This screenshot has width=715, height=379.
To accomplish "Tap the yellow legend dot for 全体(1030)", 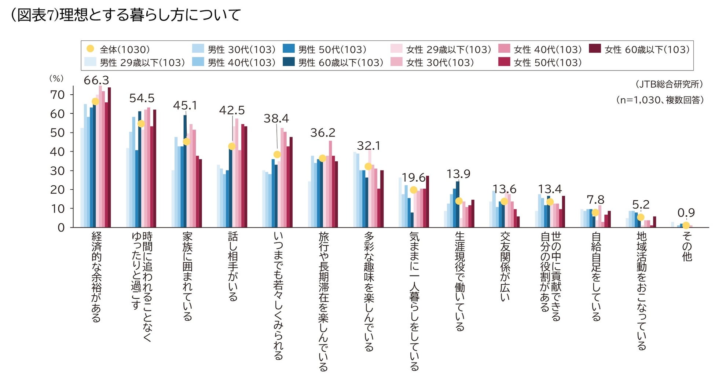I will pos(90,49).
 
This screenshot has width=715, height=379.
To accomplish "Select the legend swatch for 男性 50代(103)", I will pos(289,49).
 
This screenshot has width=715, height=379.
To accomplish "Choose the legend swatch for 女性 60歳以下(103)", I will pos(595,49).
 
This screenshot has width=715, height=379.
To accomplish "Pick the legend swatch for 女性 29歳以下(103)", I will pos(396,49).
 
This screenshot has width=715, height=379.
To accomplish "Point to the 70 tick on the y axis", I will pos(57,95).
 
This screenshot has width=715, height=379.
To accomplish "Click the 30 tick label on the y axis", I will pos(57,171).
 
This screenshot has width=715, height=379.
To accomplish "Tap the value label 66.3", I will pos(96,80).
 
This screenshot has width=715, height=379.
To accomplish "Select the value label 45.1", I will pos(185,106).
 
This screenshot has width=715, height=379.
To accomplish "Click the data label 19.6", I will pos(413,178).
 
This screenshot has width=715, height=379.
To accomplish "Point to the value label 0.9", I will pos(686,213).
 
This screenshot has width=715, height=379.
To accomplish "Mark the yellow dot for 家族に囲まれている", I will pos(186,142).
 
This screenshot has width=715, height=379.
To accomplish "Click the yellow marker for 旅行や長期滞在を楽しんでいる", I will pos(322,158).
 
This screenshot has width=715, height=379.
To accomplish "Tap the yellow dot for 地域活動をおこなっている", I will pos(641,217).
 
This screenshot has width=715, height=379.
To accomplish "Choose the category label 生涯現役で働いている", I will pos(459,281).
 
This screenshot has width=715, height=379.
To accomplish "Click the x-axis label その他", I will pos(687,246).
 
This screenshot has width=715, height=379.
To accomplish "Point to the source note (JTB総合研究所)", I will pos(669,84).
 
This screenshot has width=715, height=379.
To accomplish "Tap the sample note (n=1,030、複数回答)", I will pos(660,100).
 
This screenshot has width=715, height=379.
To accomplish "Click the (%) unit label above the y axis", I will pos(56,78).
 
